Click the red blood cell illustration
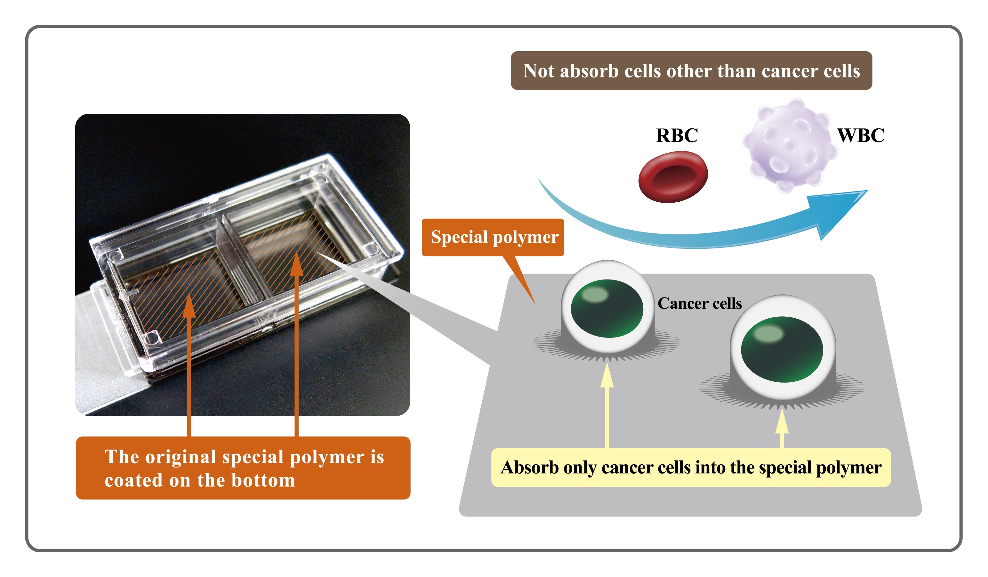[673, 177]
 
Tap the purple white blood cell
[790, 145]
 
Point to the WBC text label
[861, 135]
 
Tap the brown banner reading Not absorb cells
[691, 71]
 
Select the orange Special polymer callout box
[493, 237]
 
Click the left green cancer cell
[607, 308]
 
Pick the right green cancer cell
[782, 349]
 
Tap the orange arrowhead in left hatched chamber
[189, 305]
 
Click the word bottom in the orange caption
[263, 481]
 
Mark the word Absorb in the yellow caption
[530, 467]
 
